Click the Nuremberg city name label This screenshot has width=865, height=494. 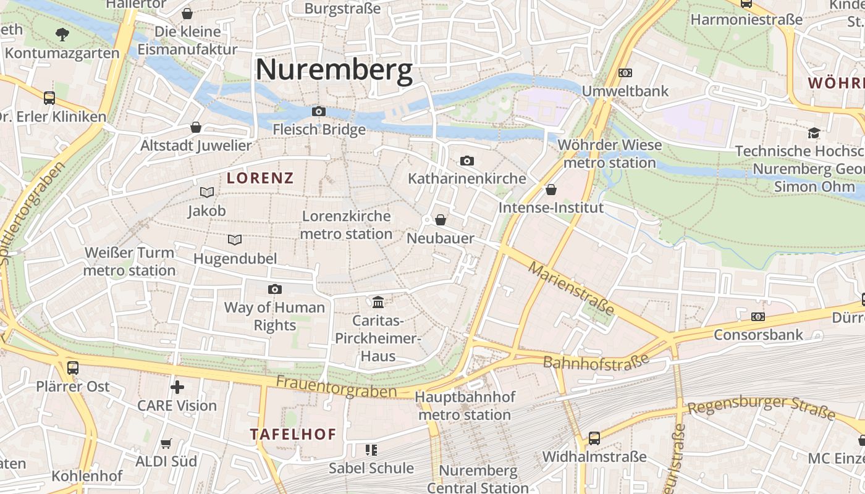[x=334, y=69]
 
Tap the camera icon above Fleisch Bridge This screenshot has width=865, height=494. [x=319, y=112]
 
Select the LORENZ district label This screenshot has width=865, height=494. [x=259, y=178]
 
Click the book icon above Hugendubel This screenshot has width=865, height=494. [x=235, y=240]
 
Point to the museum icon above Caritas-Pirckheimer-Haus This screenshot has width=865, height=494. [x=378, y=302]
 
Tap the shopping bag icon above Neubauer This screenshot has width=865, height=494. [x=441, y=220]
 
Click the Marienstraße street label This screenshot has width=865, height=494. [x=572, y=288]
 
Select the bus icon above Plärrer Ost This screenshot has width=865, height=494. [x=73, y=368]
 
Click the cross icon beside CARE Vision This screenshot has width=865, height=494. [x=177, y=387]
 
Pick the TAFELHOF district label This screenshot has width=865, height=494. [x=293, y=434]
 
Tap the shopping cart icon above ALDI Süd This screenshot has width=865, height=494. [x=166, y=443]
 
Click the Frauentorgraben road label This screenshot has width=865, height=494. [x=336, y=387]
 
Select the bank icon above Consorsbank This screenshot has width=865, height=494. [x=758, y=317]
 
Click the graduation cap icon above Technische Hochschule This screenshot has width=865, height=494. [x=814, y=133]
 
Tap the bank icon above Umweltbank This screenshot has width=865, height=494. [x=625, y=73]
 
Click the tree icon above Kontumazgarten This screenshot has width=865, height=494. [x=62, y=34]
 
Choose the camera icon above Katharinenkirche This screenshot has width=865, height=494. [x=467, y=161]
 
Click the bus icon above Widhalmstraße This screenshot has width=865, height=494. [x=594, y=438]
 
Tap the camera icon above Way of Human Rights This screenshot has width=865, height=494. [x=274, y=289]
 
